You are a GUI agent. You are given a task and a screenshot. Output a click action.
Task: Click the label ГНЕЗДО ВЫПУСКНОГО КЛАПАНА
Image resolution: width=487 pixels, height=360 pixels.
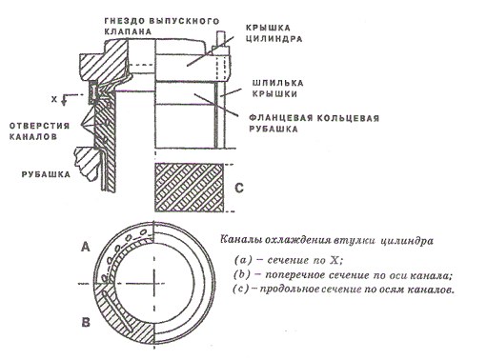pyautogui.click(x=162, y=27)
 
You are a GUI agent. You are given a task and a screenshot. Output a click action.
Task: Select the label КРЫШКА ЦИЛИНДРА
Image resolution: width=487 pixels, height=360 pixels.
pyautogui.click(x=274, y=33)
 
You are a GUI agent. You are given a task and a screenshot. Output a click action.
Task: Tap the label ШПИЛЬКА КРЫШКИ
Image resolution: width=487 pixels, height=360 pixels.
pyautogui.click(x=277, y=89)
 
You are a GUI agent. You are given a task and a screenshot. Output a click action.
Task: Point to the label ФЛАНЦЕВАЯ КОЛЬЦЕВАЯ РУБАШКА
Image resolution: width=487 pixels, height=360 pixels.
pyautogui.click(x=314, y=124)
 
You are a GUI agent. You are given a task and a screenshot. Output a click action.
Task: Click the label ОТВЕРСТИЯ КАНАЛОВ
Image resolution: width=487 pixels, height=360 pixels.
pyautogui.click(x=39, y=131)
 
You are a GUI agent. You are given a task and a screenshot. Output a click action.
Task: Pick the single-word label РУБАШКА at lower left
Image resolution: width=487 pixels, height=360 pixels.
pyautogui.click(x=46, y=174)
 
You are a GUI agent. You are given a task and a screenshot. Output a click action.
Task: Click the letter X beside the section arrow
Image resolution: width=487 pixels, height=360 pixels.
pyautogui.click(x=54, y=99)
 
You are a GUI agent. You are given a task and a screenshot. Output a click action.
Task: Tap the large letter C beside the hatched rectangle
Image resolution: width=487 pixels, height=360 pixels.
pyautogui.click(x=239, y=188)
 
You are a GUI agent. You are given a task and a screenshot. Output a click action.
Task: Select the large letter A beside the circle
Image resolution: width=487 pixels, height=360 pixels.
pyautogui.click(x=86, y=247)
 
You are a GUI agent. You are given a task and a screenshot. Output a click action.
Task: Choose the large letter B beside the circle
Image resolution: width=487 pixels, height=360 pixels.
pyautogui.click(x=86, y=323)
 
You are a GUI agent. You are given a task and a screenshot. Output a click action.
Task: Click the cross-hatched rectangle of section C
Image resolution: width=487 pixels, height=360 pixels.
pyautogui.click(x=189, y=188)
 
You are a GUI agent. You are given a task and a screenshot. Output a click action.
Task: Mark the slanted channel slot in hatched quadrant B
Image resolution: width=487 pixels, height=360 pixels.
pyautogui.click(x=116, y=311)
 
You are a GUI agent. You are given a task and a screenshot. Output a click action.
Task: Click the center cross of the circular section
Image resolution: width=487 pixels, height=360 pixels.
pyautogui.click(x=154, y=283)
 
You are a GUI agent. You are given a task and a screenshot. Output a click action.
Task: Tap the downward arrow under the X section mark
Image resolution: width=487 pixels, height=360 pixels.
pyautogui.click(x=64, y=100)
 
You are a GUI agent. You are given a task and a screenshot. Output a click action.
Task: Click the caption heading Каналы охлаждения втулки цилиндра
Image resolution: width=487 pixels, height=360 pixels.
pyautogui.click(x=327, y=240)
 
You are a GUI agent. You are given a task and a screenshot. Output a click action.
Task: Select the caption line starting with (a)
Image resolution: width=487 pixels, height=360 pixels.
pyautogui.click(x=290, y=260)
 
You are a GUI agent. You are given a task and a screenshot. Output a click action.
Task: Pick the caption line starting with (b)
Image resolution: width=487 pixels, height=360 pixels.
pyautogui.click(x=342, y=275)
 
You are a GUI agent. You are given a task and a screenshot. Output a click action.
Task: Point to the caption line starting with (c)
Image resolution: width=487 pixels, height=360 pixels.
pyautogui.click(x=343, y=290)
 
